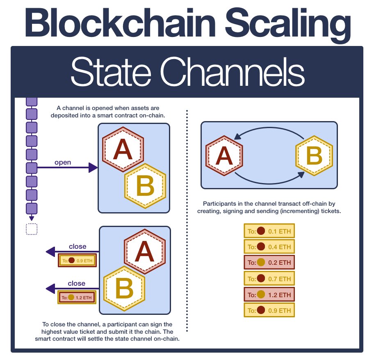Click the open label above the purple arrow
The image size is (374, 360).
pyautogui.click(x=63, y=162)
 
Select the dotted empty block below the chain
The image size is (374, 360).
pyautogui.click(x=32, y=229)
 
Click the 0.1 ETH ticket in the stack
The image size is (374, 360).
pyautogui.click(x=269, y=232)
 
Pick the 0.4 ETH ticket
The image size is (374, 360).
pyautogui.click(x=269, y=247)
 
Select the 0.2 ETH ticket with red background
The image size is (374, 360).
pyautogui.click(x=269, y=263)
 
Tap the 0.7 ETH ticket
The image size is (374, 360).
pyautogui.click(x=269, y=279)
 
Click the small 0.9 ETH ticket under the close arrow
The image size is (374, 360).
pyautogui.click(x=77, y=260)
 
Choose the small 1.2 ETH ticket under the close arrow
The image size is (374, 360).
pyautogui.click(x=77, y=297)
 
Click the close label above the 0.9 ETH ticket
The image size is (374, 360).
pyautogui.click(x=78, y=247)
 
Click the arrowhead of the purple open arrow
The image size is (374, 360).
pyautogui.click(x=93, y=167)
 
